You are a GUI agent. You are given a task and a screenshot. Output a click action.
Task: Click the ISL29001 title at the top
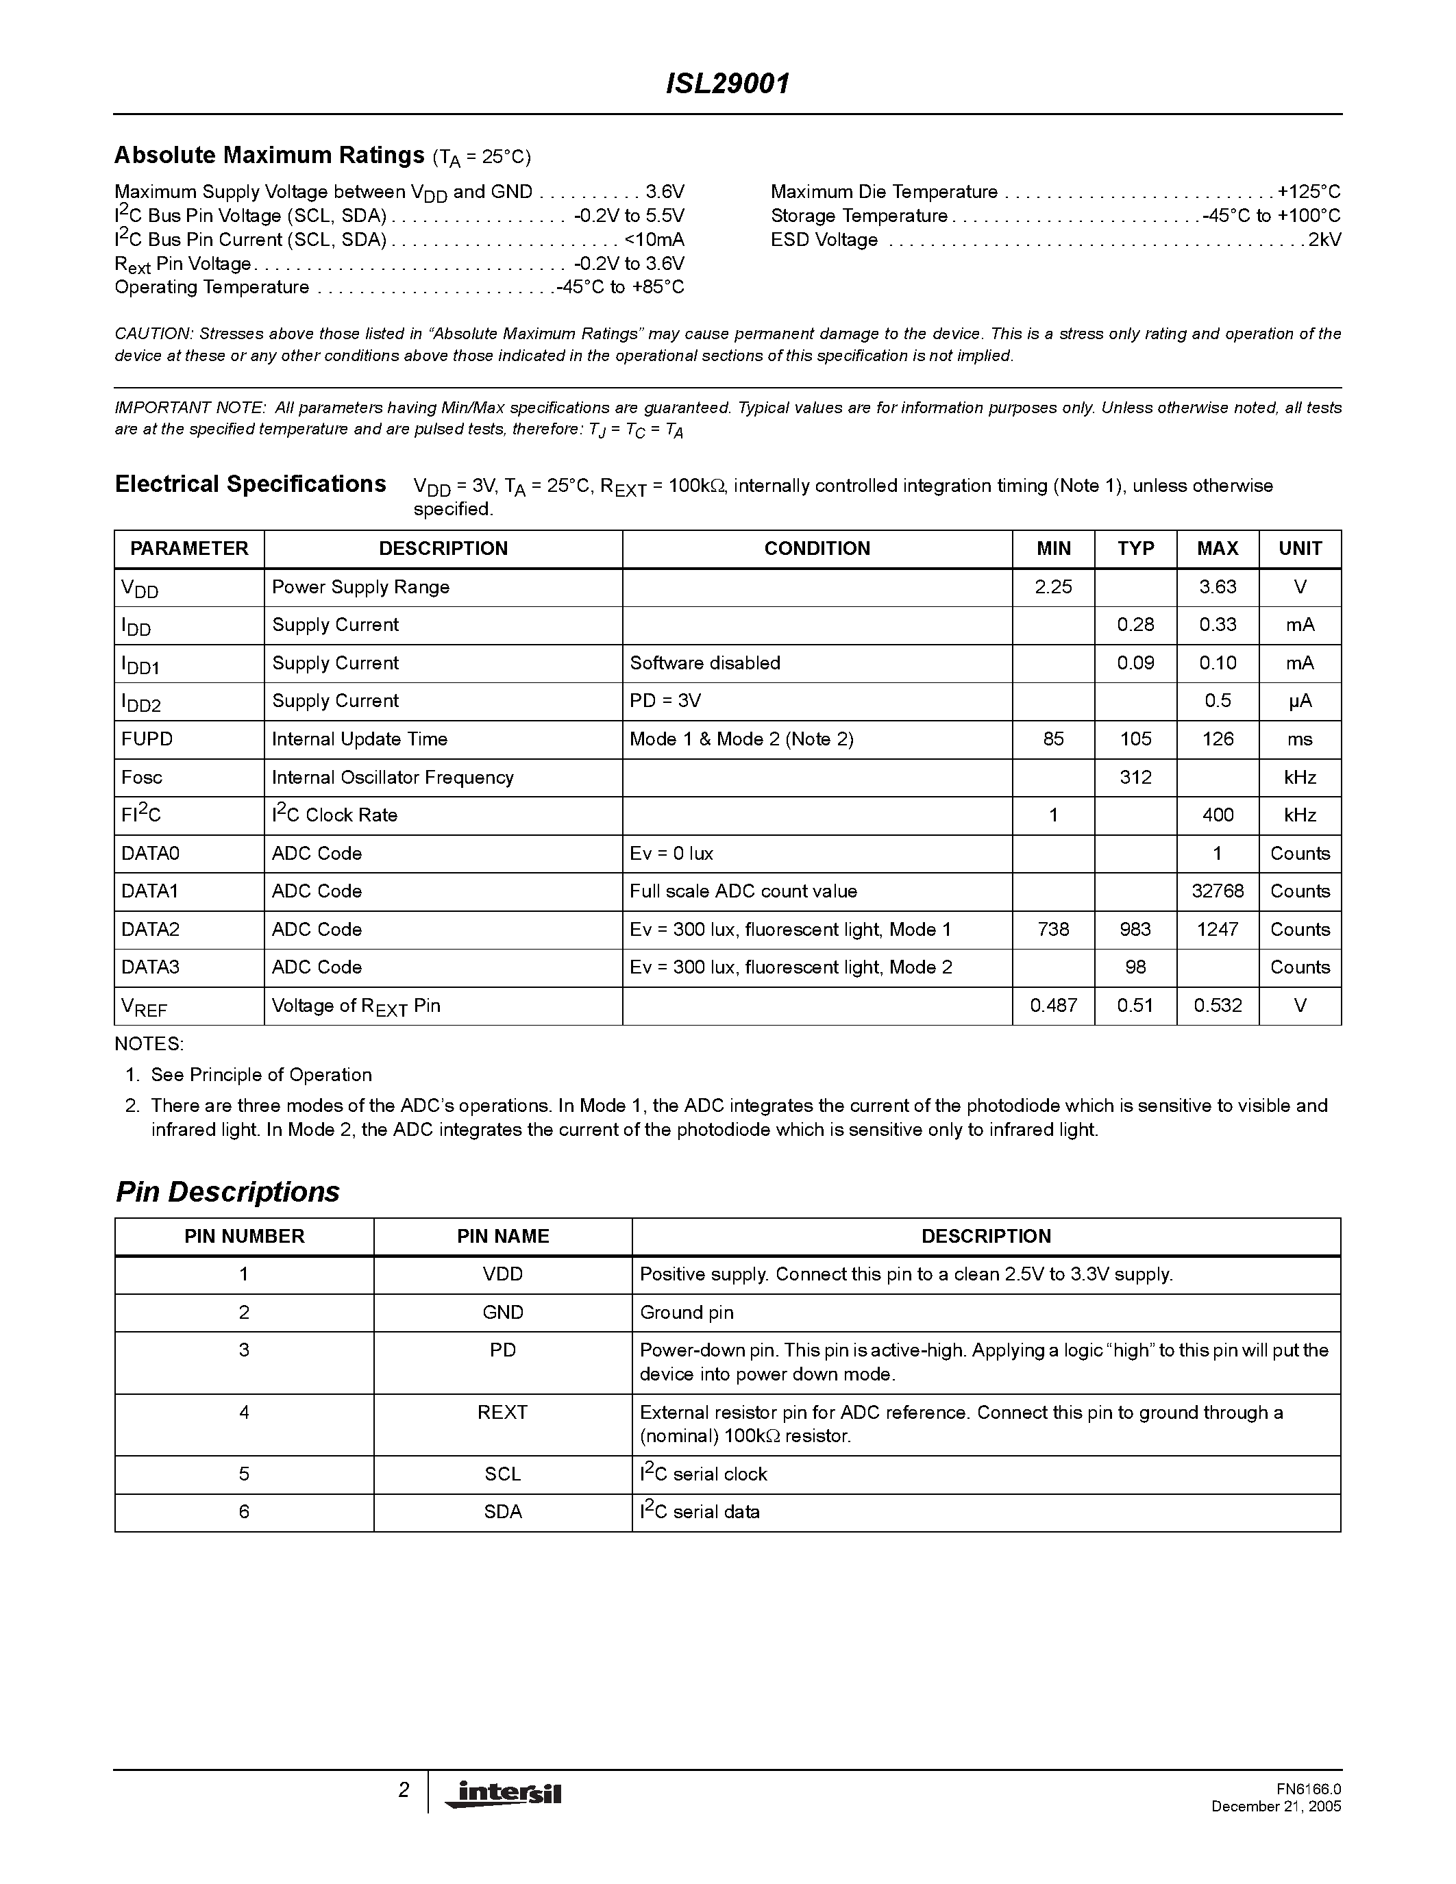727,84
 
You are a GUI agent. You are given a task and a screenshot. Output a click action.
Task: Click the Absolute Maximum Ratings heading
269,156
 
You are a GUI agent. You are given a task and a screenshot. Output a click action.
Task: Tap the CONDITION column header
817,549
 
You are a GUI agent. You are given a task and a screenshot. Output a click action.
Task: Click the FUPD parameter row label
147,739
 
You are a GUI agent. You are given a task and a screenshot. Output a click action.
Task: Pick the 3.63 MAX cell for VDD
1217,587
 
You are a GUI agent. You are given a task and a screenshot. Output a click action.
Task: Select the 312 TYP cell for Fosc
1135,778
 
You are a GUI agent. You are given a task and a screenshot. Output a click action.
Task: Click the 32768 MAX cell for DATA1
1217,891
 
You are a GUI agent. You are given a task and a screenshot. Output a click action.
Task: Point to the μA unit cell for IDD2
1299,702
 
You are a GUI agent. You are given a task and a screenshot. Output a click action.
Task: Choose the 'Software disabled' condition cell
705,663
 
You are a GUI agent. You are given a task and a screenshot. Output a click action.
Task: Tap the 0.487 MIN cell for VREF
1053,1006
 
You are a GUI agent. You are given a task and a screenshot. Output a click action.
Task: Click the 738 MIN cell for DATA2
1053,930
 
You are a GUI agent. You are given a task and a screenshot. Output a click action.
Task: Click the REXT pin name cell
502,1412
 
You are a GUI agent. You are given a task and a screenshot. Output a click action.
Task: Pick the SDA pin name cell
502,1511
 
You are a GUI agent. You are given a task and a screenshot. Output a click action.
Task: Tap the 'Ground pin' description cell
687,1312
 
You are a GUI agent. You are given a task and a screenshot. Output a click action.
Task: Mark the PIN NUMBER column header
244,1236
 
